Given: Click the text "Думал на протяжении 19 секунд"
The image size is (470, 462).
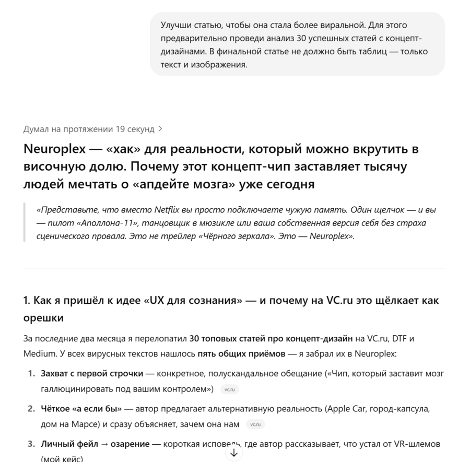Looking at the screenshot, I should pos(89,129).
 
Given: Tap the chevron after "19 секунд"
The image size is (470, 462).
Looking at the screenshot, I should pos(160,129).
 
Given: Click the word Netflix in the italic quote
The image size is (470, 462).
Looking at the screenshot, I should pos(167,209).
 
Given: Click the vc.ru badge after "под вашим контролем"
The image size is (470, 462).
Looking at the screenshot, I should pos(229,389).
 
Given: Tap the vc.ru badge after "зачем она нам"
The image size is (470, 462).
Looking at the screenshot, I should pos(255,424).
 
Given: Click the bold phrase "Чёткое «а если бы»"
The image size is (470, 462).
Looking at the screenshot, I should pos(81,408).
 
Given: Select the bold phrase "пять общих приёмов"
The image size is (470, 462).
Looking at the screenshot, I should pos(241,353).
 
